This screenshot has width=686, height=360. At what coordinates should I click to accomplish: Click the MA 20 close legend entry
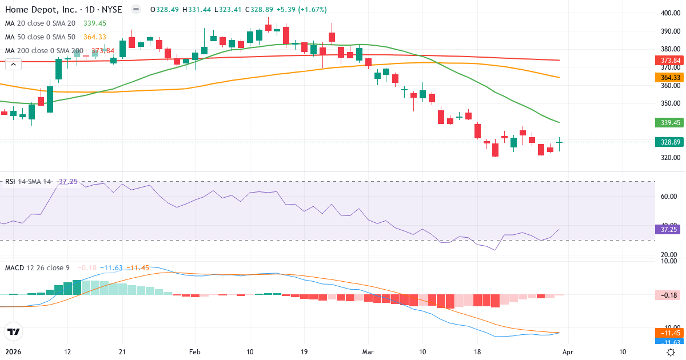pyautogui.click(x=41, y=23)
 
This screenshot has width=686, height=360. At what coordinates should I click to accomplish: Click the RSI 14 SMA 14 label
pyautogui.click(x=27, y=182)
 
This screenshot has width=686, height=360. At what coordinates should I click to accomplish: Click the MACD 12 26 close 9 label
pyautogui.click(x=38, y=267)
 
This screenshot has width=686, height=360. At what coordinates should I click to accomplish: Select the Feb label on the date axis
pyautogui.click(x=195, y=351)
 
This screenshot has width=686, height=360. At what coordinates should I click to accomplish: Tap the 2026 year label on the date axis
pyautogui.click(x=13, y=351)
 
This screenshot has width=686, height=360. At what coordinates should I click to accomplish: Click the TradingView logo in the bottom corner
pyautogui.click(x=14, y=331)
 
